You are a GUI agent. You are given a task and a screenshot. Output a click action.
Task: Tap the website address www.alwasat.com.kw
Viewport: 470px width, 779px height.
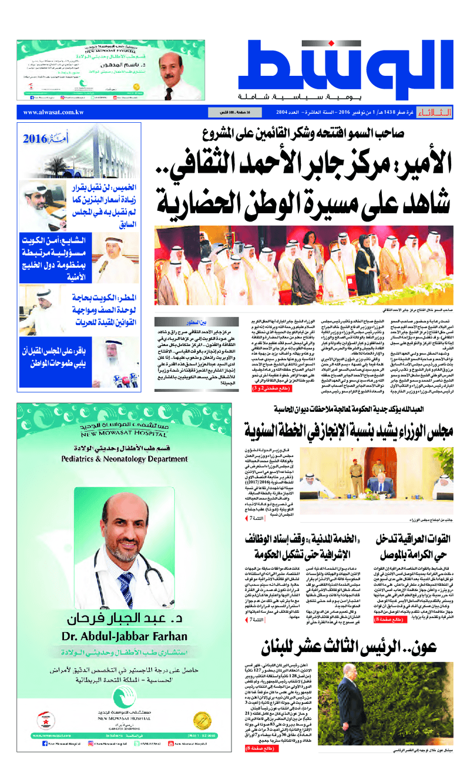click(53, 112)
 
